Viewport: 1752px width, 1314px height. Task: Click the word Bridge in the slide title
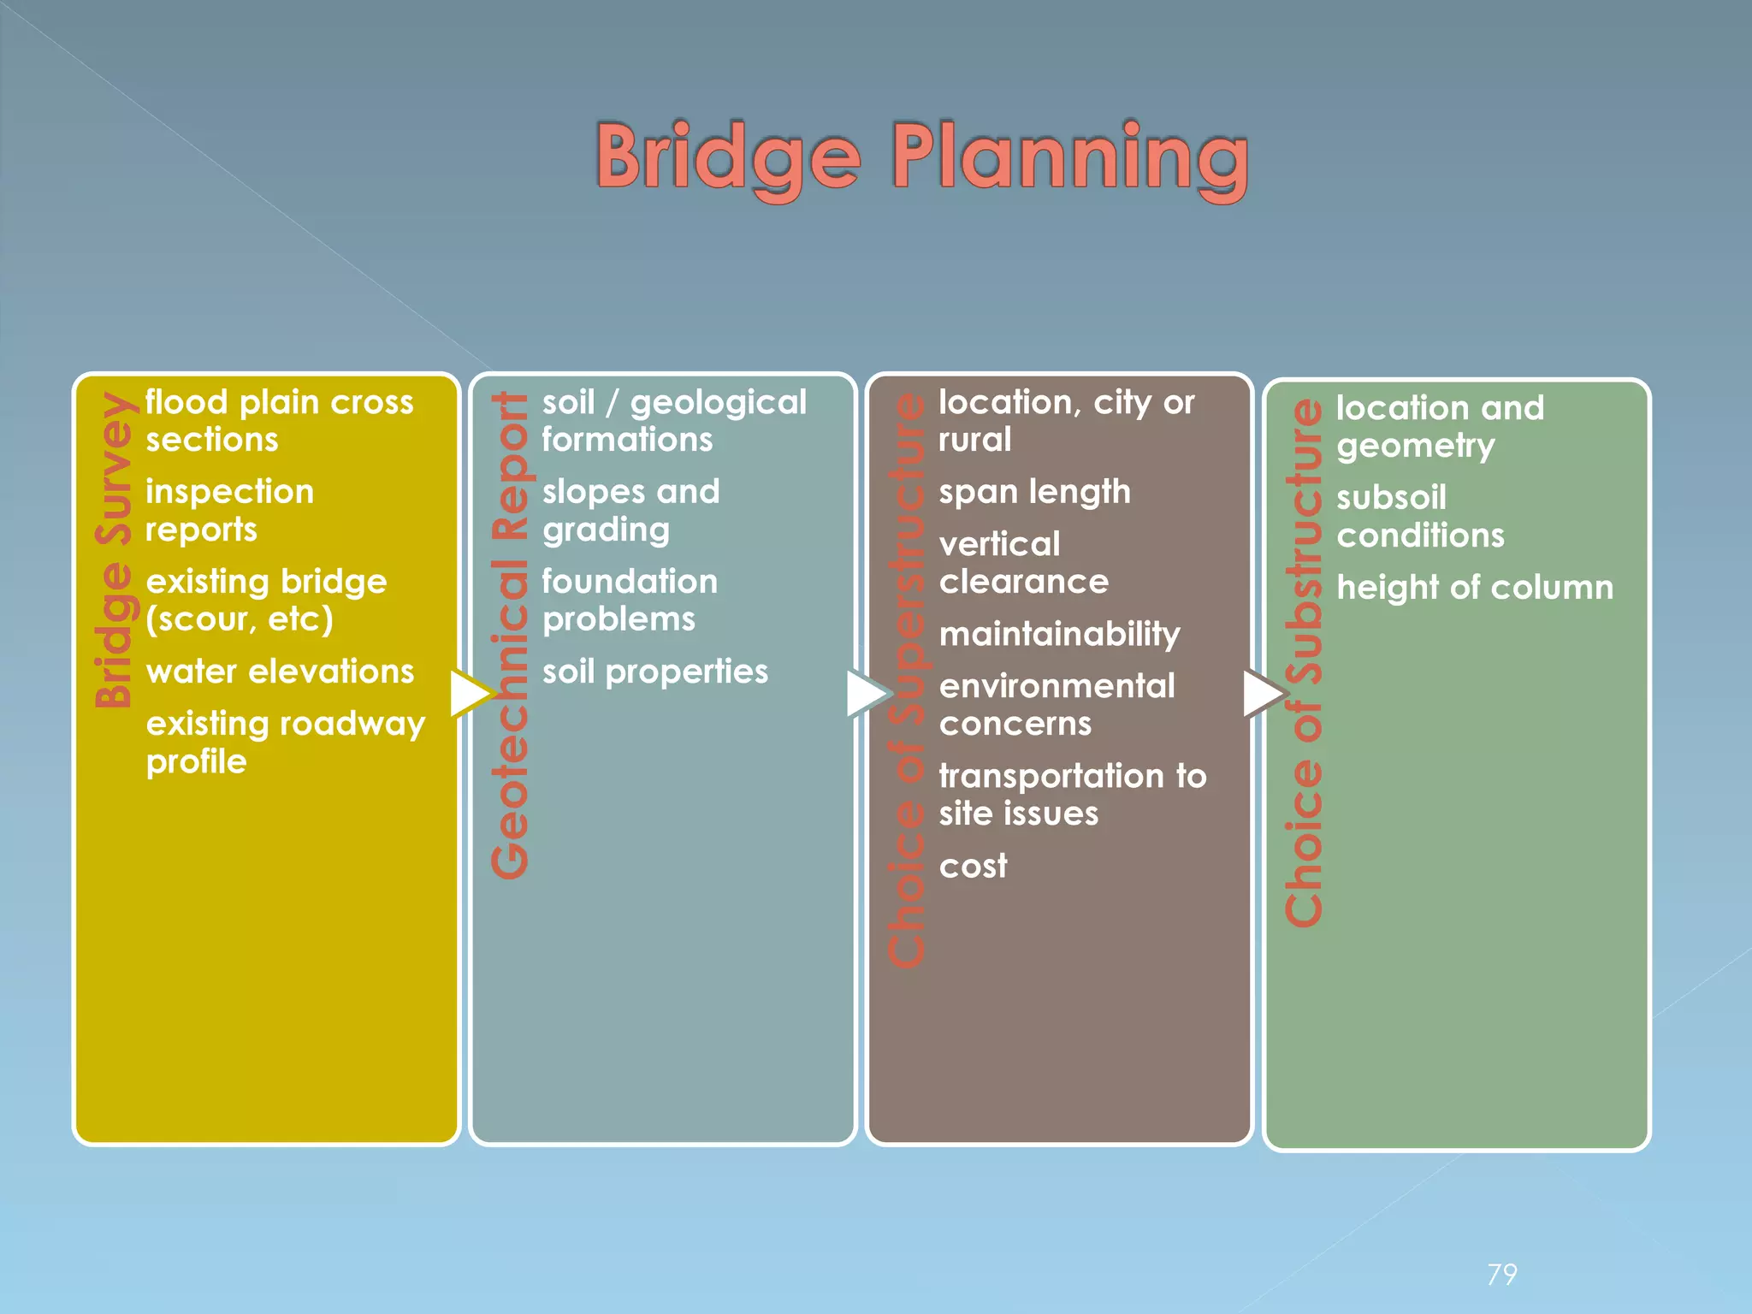(x=727, y=158)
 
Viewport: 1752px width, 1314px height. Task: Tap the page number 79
(x=1502, y=1275)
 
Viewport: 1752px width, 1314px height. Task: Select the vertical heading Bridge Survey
(x=115, y=549)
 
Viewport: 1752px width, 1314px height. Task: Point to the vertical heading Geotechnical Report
(x=511, y=635)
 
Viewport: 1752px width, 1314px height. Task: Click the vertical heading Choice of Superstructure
(x=907, y=680)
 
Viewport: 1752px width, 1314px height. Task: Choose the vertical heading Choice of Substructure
(x=1304, y=663)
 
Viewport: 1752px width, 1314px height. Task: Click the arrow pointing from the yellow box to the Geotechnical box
(x=471, y=693)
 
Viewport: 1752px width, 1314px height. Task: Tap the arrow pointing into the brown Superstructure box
(x=867, y=693)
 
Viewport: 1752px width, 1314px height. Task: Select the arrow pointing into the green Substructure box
(x=1264, y=693)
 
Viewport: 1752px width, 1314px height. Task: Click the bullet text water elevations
(x=280, y=672)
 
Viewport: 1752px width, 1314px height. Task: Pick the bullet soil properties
(x=654, y=672)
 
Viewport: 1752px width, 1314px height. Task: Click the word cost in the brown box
(x=973, y=866)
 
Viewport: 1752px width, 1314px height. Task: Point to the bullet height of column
(x=1474, y=588)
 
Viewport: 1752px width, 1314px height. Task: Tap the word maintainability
(x=1059, y=634)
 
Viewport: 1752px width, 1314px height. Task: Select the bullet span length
(x=1034, y=492)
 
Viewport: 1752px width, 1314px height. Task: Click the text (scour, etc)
(x=239, y=619)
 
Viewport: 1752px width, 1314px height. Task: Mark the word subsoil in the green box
(x=1391, y=498)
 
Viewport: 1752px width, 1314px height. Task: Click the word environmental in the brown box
(x=1057, y=686)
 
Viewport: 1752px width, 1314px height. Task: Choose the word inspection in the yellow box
(x=229, y=492)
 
